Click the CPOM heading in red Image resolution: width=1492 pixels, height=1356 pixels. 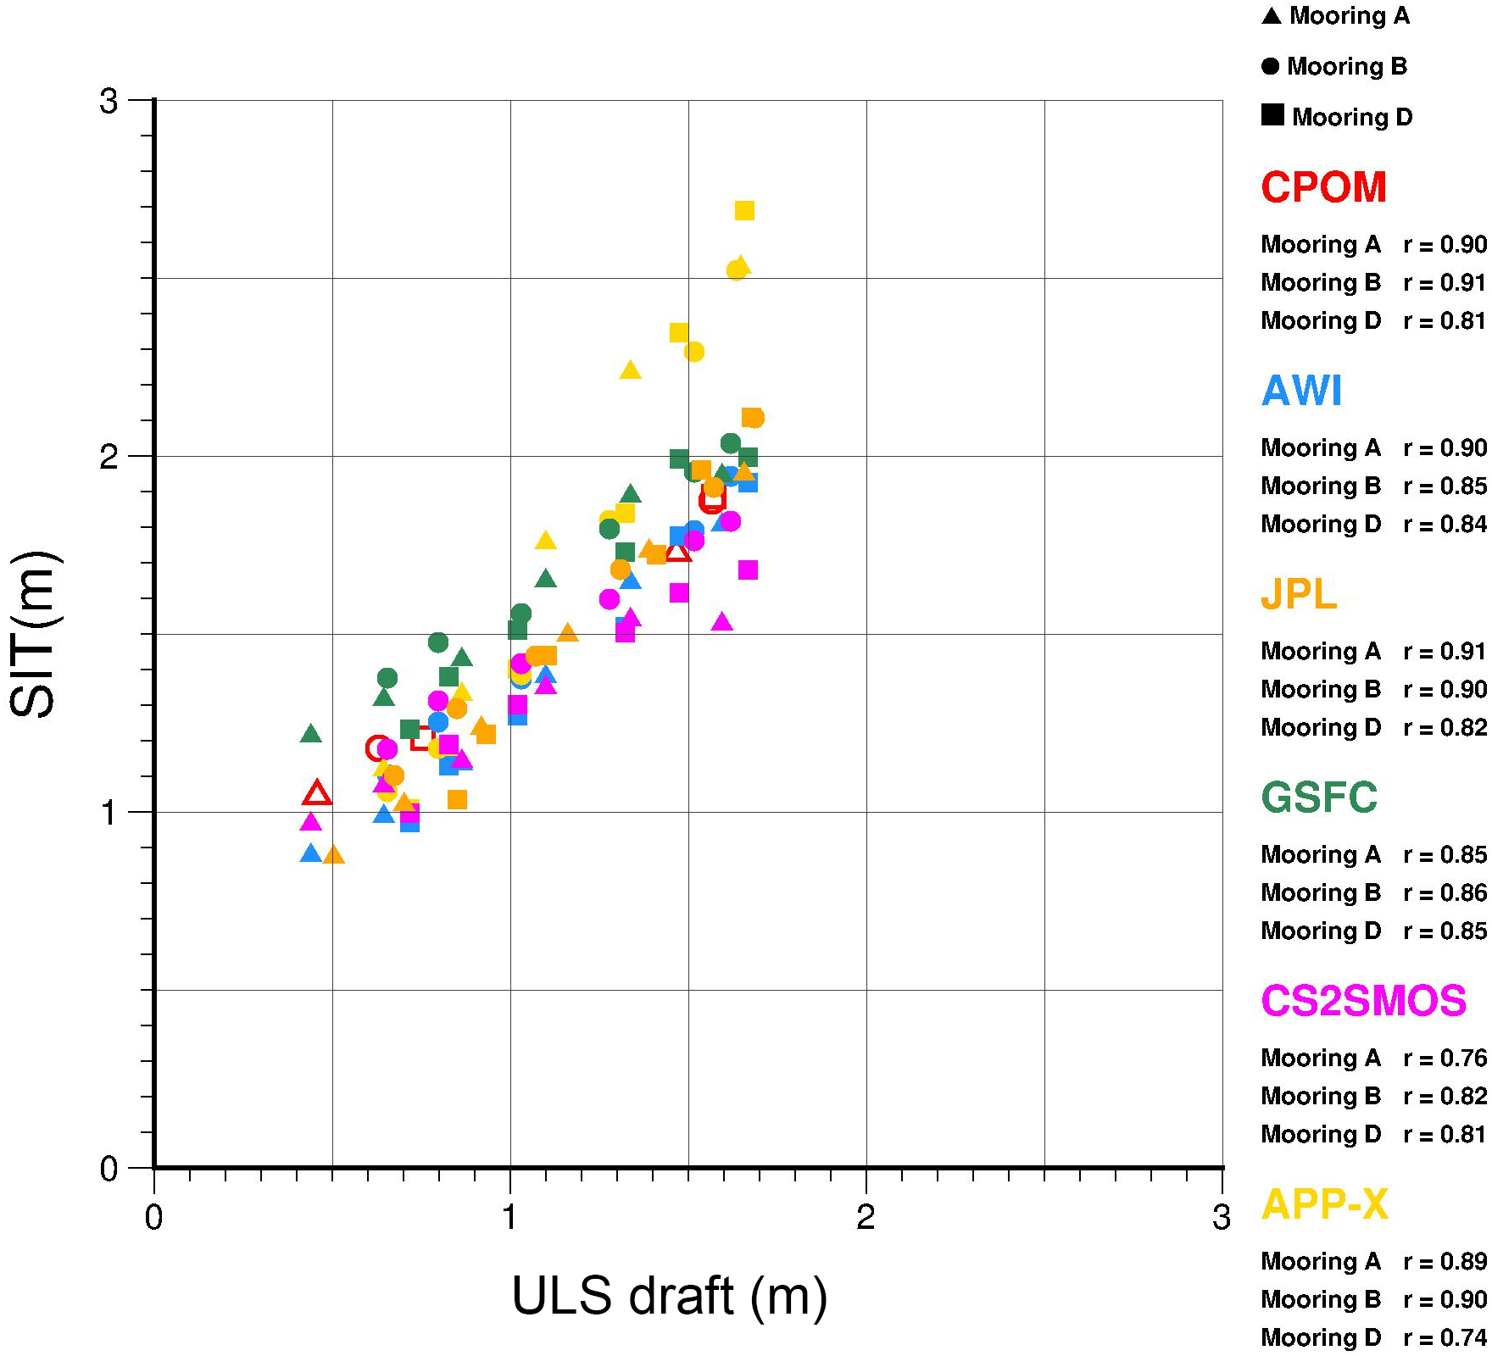click(1323, 187)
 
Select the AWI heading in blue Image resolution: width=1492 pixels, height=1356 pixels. click(1301, 391)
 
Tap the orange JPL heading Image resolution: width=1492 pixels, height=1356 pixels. click(1298, 594)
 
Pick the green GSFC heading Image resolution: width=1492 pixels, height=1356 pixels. click(1319, 797)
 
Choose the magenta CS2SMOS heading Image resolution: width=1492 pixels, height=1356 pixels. click(1363, 1001)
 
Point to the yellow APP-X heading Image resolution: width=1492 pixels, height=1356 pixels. click(1324, 1204)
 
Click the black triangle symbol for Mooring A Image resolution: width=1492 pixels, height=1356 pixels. click(1271, 16)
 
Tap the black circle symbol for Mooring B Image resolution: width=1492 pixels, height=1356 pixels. click(1270, 66)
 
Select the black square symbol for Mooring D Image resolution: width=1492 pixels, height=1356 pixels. click(1272, 115)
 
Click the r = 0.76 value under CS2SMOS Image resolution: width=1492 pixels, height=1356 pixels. click(1445, 1059)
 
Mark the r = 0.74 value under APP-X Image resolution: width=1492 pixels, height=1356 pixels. click(1445, 1338)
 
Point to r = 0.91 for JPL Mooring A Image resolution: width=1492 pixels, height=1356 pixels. click(1445, 652)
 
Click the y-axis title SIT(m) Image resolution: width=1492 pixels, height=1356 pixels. click(34, 634)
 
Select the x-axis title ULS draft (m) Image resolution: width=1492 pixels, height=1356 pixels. click(669, 1297)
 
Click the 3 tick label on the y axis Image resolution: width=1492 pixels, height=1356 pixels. click(109, 102)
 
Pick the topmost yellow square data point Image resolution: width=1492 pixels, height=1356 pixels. click(744, 211)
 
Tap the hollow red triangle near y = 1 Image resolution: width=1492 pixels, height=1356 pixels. click(317, 794)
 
